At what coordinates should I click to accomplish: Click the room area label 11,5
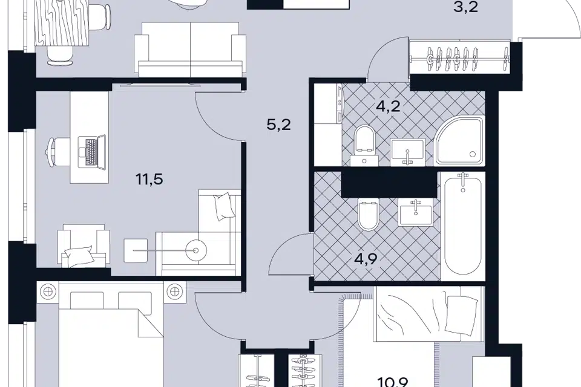[149, 180]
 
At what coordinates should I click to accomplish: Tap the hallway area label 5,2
[278, 125]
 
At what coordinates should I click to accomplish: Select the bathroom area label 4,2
[388, 106]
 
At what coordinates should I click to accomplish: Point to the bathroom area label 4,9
[366, 258]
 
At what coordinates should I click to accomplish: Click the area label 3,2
[466, 7]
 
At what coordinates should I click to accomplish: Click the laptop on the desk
[92, 151]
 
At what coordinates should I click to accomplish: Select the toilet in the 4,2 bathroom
[365, 145]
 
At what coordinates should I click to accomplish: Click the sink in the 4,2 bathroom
[407, 152]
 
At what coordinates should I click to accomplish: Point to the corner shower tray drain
[472, 154]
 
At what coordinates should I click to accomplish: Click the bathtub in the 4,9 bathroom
[463, 226]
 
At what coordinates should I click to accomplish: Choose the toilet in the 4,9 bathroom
[369, 215]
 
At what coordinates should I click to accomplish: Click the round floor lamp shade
[195, 251]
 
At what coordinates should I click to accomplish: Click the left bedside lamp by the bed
[47, 291]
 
